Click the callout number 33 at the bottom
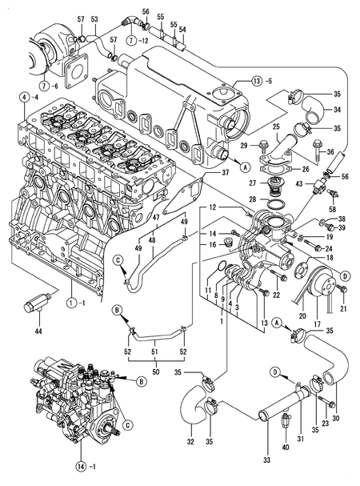tap(266, 460)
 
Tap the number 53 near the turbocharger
tap(94, 18)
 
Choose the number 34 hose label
tap(337, 110)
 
